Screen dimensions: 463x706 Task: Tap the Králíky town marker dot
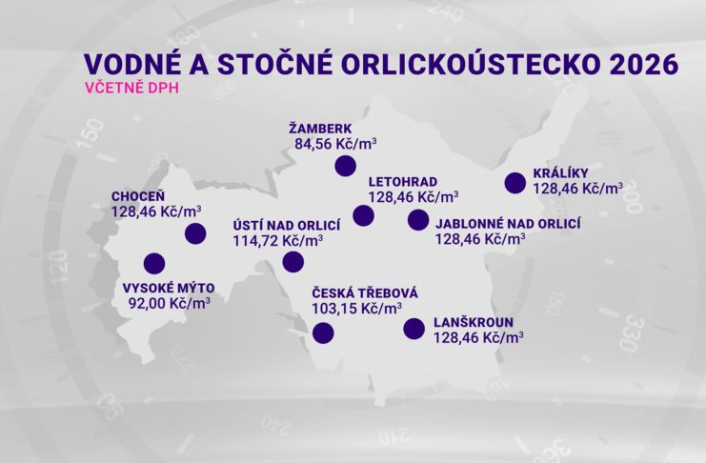pyautogui.click(x=515, y=182)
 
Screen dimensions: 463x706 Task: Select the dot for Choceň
pyautogui.click(x=195, y=233)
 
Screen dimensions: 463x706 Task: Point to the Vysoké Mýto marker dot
pyautogui.click(x=152, y=263)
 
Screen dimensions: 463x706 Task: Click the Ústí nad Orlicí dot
pyautogui.click(x=293, y=262)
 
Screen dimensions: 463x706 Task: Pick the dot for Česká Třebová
pyautogui.click(x=323, y=332)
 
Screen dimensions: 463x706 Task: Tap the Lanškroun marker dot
pyautogui.click(x=414, y=329)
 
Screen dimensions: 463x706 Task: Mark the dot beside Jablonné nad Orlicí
pyautogui.click(x=416, y=220)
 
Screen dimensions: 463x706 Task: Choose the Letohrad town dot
pyautogui.click(x=363, y=215)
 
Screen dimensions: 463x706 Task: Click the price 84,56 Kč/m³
pyautogui.click(x=335, y=145)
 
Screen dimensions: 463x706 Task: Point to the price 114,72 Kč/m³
pyautogui.click(x=278, y=242)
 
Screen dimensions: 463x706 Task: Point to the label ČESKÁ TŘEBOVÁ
pyautogui.click(x=365, y=292)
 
